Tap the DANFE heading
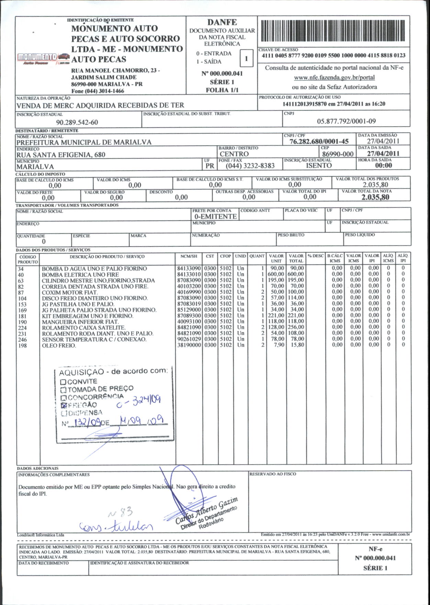click(222, 22)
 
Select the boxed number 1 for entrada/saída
click(246, 58)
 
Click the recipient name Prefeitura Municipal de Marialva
click(84, 142)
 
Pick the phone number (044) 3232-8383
click(250, 166)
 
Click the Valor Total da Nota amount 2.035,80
click(375, 197)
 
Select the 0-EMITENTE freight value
click(215, 216)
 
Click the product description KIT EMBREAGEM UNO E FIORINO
click(88, 316)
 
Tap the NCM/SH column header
click(189, 256)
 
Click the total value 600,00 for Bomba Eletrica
click(296, 274)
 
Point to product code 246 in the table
click(22, 340)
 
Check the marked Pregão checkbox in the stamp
click(63, 405)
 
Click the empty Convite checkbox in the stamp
click(63, 382)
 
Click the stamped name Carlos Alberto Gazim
click(206, 511)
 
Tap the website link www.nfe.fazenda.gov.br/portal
click(334, 78)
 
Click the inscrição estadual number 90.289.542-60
click(77, 122)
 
